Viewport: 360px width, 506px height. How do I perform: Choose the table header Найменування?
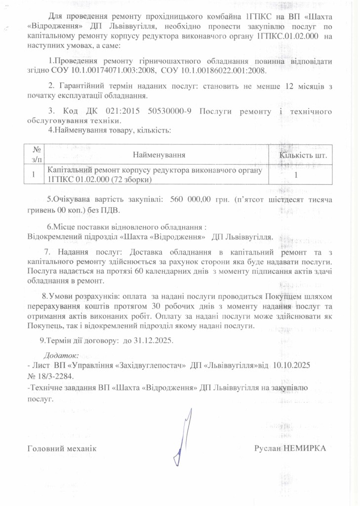pyautogui.click(x=159, y=155)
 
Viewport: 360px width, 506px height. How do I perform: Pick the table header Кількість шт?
pyautogui.click(x=303, y=155)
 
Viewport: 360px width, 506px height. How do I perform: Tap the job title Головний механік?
pyautogui.click(x=61, y=448)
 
